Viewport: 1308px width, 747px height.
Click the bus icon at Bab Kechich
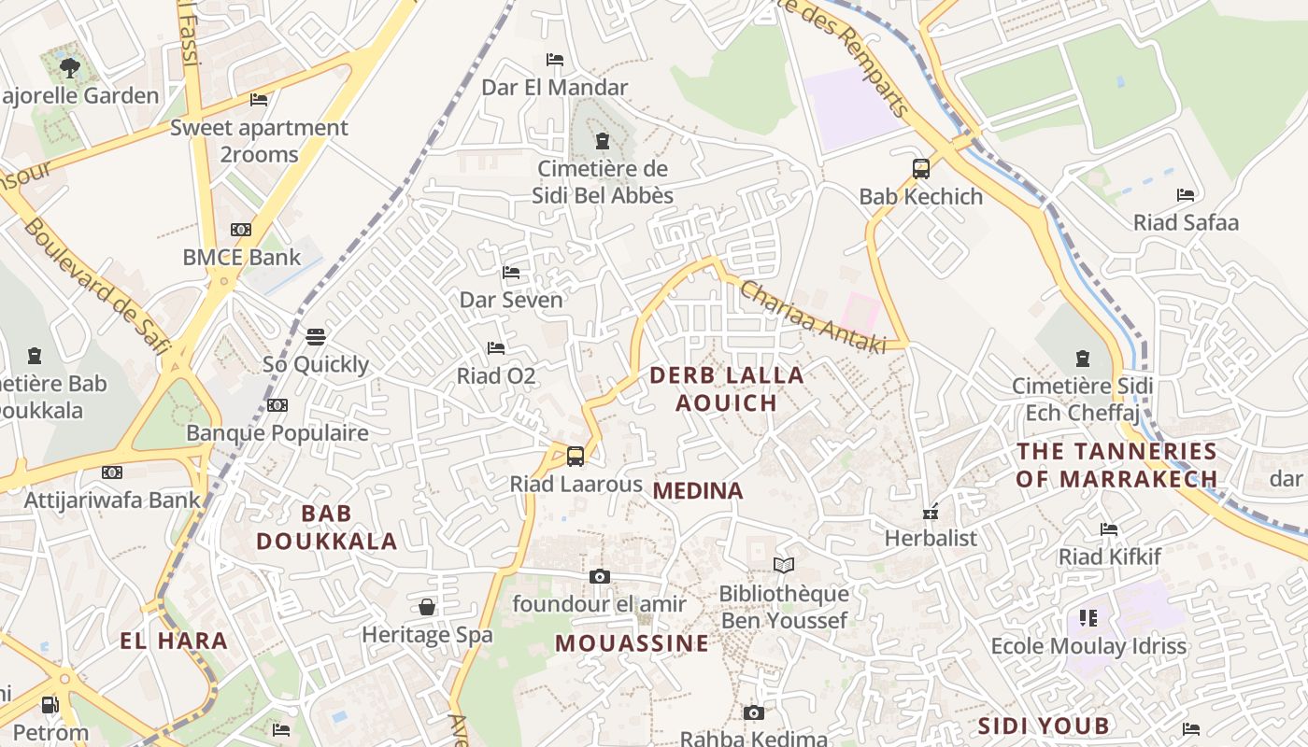(921, 169)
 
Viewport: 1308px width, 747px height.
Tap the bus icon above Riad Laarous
(576, 457)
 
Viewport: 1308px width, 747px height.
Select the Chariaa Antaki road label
(812, 317)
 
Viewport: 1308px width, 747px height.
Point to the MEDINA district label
(698, 490)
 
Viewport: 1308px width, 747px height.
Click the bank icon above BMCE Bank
(241, 230)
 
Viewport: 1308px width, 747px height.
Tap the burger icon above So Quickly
(316, 336)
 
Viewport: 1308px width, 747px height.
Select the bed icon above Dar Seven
(511, 273)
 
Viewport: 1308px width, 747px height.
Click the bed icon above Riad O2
(496, 348)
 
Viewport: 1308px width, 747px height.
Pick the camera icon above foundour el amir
(600, 577)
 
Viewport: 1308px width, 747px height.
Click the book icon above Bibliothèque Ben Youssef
(783, 566)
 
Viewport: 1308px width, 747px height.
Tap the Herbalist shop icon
(931, 512)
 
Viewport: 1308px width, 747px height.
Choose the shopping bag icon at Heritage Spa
(427, 607)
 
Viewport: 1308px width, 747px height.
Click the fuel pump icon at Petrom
(50, 705)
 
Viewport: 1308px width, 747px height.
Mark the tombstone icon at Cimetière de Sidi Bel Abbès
(603, 141)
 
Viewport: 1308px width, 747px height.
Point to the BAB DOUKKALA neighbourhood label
(327, 527)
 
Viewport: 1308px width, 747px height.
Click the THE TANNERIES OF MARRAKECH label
(1116, 465)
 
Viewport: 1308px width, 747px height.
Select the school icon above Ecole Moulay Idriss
(1088, 618)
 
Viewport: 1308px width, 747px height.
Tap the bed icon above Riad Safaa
(1186, 195)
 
